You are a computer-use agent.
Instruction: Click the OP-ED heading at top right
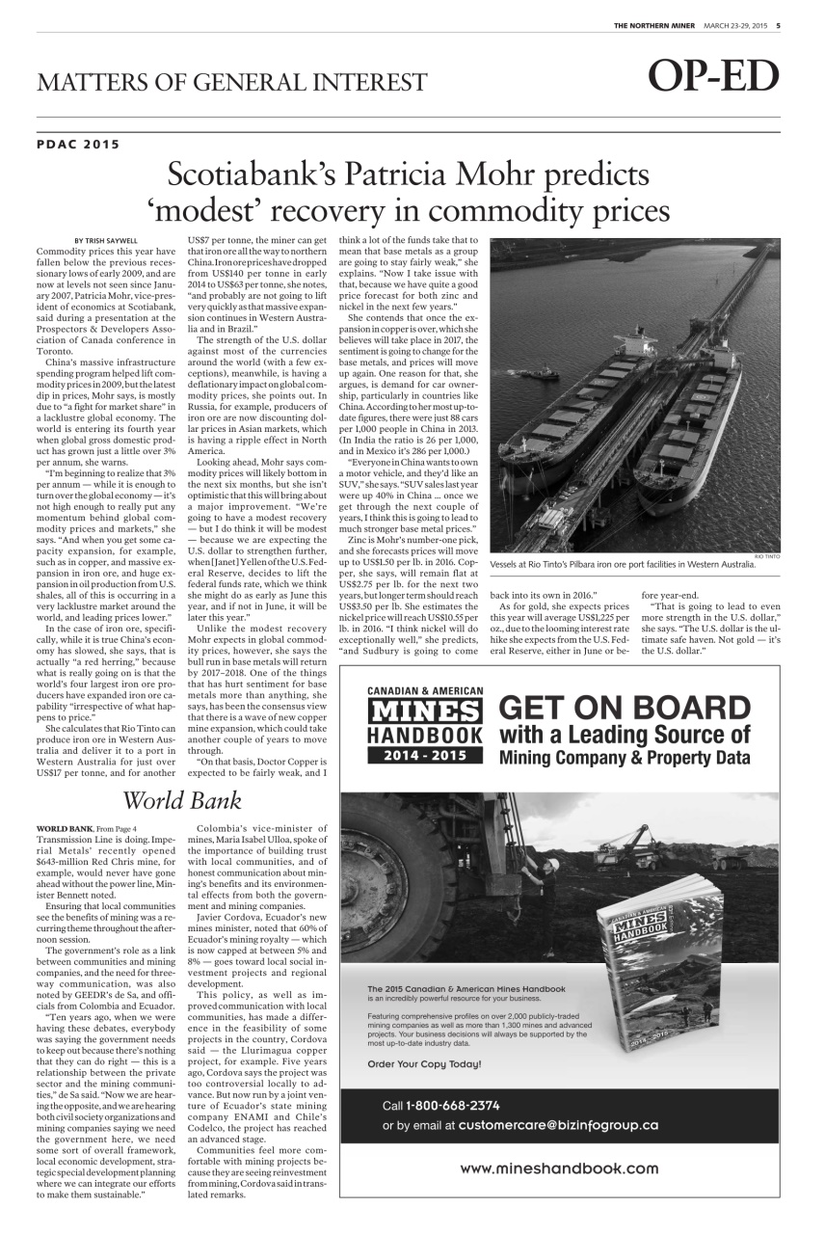(x=713, y=78)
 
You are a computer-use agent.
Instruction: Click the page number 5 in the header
(x=778, y=26)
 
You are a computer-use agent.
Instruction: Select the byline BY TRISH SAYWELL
(x=105, y=239)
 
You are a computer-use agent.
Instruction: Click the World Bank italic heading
(x=183, y=799)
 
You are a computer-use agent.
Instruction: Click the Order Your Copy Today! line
(x=424, y=1064)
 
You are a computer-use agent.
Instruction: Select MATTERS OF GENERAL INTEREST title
(x=231, y=82)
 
